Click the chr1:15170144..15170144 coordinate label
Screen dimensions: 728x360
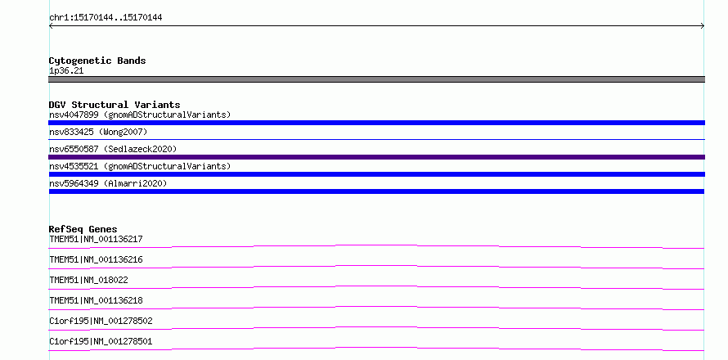[x=106, y=18]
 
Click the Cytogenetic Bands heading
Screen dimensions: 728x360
[x=97, y=61]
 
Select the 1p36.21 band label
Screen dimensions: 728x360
[x=66, y=71]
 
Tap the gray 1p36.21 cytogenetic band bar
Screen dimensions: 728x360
[x=376, y=79]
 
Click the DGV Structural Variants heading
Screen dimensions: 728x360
[x=115, y=105]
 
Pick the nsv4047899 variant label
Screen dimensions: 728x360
[x=140, y=115]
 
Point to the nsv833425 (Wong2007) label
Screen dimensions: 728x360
[x=98, y=133]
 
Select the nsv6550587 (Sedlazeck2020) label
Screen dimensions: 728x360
[x=113, y=149]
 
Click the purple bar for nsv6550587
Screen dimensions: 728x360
[x=376, y=157]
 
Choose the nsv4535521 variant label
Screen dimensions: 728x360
[x=140, y=166]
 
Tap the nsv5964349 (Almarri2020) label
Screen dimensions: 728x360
[x=108, y=183]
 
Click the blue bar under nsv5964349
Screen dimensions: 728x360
[x=376, y=191]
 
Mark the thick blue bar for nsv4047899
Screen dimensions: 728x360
[x=376, y=123]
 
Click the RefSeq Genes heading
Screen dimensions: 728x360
[x=83, y=229]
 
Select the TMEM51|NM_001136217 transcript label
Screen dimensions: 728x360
[x=96, y=239]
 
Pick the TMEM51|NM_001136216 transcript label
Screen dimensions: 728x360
[x=96, y=259]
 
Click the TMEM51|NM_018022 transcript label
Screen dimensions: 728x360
[x=88, y=280]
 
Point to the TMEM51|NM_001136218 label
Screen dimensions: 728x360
[x=96, y=300]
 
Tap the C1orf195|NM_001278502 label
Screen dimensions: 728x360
[x=101, y=321]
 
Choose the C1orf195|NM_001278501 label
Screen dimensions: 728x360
[x=101, y=341]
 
